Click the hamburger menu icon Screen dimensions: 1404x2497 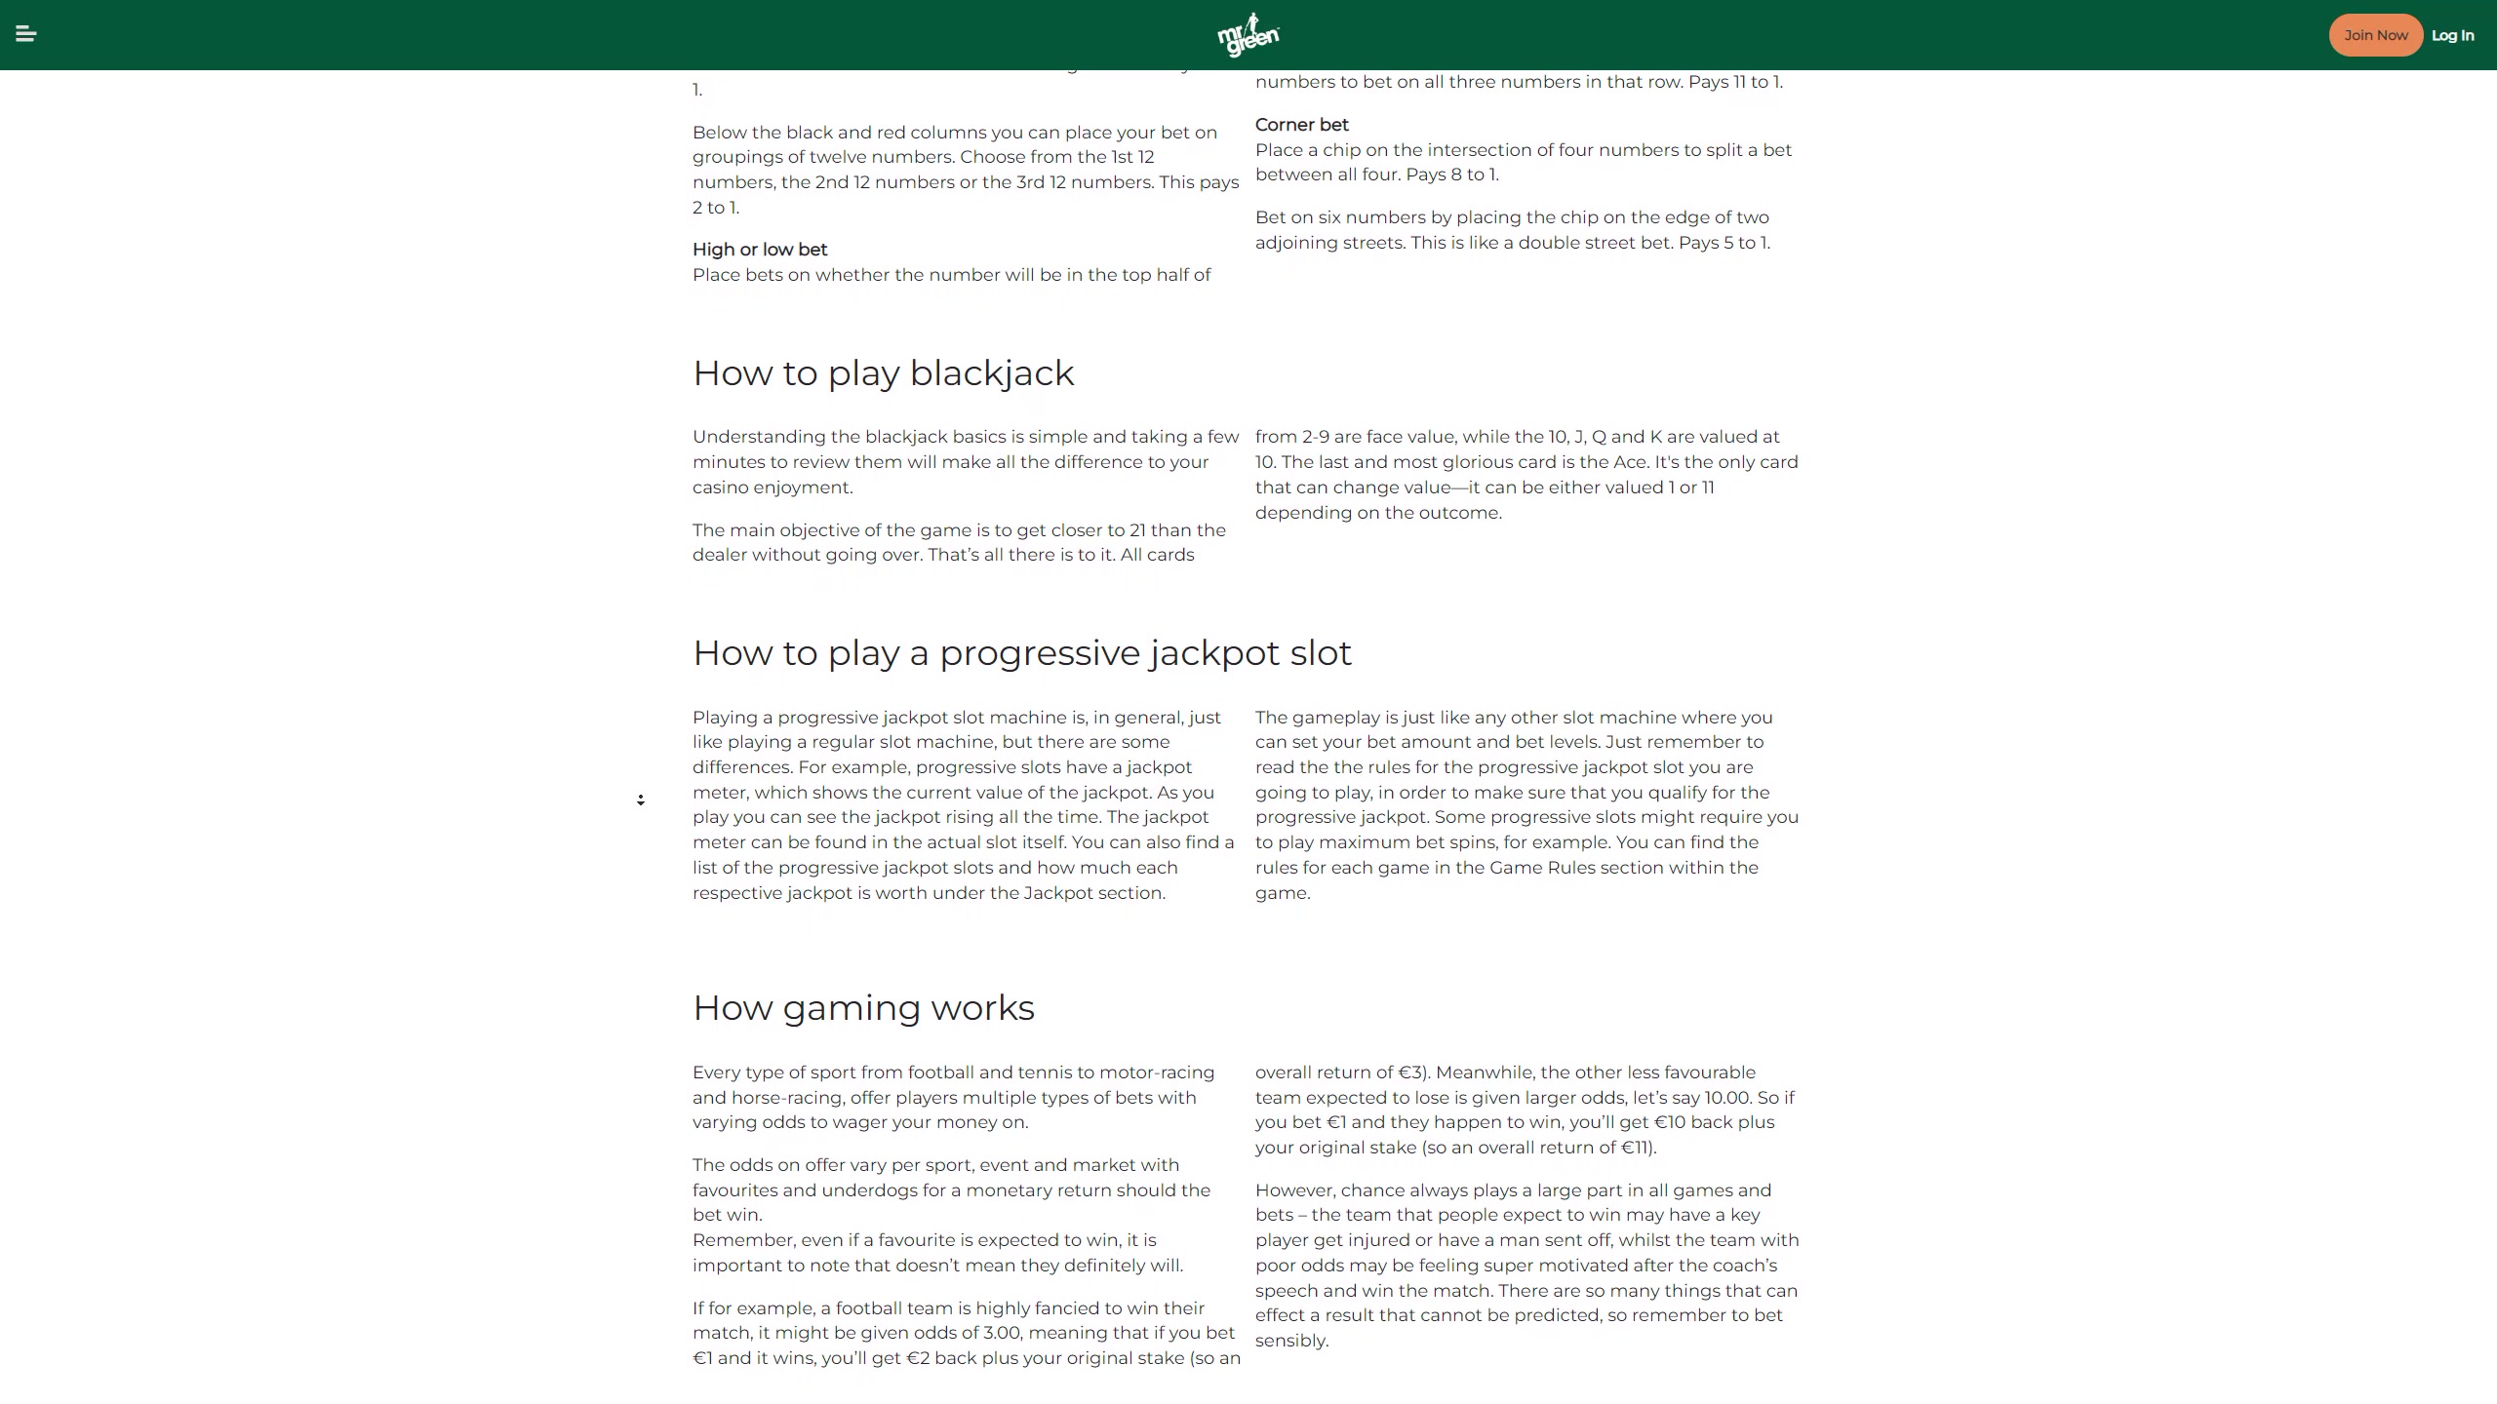click(26, 35)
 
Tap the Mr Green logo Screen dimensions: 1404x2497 click(1248, 35)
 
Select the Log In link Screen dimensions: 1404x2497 click(2452, 35)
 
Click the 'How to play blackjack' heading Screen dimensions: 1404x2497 click(883, 373)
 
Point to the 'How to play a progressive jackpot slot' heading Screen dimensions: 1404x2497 click(1021, 653)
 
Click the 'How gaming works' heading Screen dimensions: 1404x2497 click(863, 1008)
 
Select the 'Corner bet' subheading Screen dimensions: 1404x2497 click(1301, 125)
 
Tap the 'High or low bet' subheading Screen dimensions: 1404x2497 click(759, 250)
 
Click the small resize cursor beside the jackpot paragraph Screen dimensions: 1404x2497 click(641, 800)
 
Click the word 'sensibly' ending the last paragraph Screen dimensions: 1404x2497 click(1290, 1341)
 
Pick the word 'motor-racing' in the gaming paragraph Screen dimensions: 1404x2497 click(1157, 1072)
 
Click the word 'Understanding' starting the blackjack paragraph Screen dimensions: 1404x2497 click(759, 437)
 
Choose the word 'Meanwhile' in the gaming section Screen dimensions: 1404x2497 click(1483, 1072)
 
